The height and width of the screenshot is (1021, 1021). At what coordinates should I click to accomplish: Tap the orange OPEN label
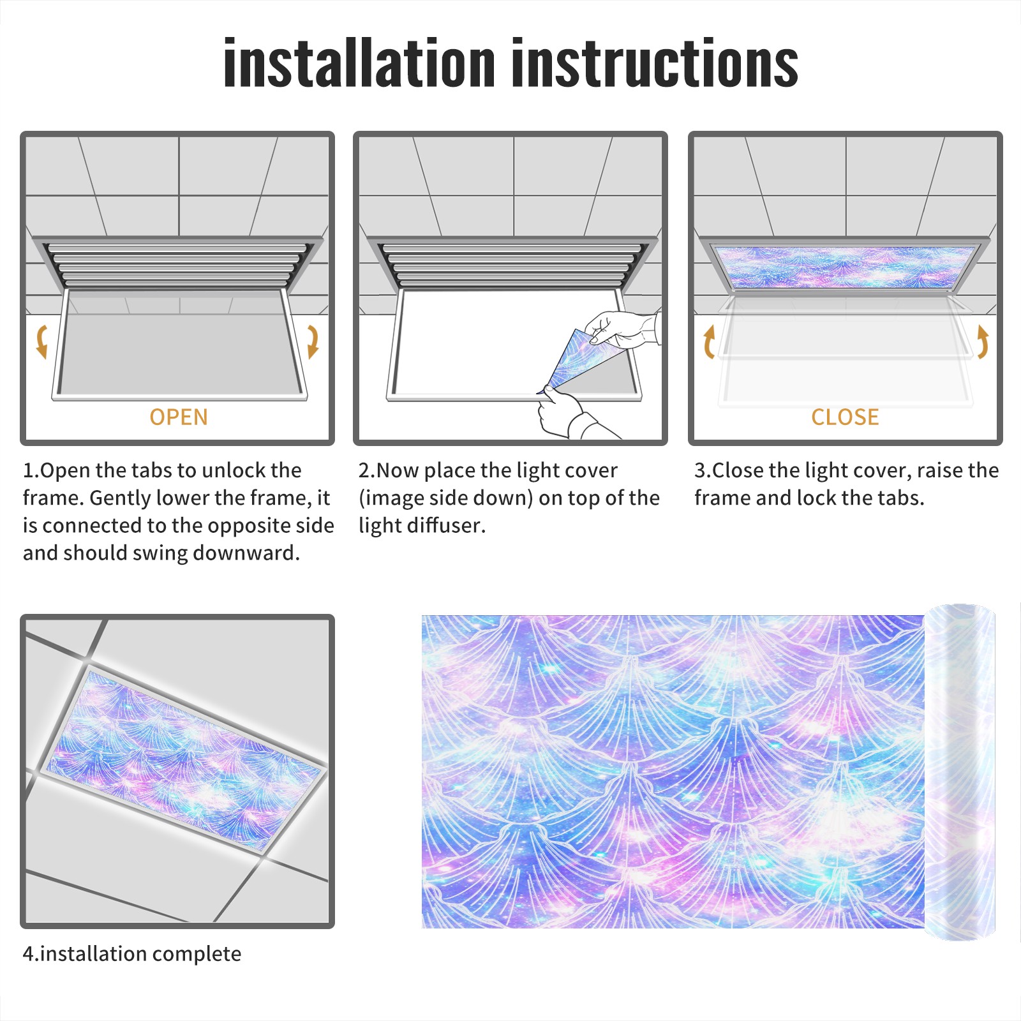179,417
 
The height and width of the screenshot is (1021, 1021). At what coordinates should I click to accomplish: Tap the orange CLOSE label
845,417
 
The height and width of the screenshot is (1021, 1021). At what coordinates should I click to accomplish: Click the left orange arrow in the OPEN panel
41,341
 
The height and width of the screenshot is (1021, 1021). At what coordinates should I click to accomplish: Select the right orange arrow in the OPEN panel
313,341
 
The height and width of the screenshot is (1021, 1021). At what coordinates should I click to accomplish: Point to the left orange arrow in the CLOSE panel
708,341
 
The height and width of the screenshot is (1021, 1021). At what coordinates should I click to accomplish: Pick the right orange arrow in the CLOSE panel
983,341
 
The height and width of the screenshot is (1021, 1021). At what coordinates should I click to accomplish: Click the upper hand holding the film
622,329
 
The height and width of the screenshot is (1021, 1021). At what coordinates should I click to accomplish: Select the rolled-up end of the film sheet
960,772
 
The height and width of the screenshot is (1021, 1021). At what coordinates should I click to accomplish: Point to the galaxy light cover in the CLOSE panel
846,267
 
